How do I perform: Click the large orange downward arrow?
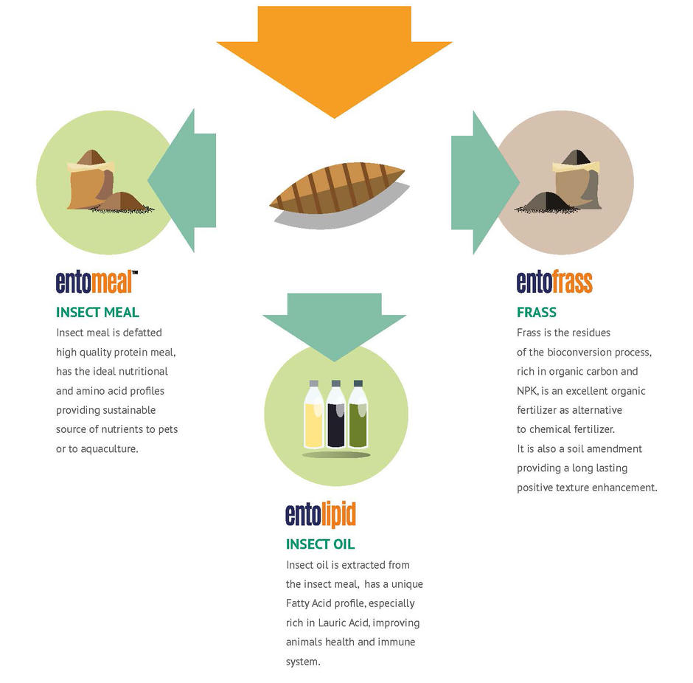tap(334, 58)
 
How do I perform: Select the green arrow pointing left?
tap(186, 181)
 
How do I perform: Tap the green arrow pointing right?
tap(481, 183)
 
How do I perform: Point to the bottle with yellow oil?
tap(314, 415)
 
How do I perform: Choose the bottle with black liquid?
tap(336, 415)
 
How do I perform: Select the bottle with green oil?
tap(358, 415)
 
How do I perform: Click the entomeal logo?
tap(97, 282)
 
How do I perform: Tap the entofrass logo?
tap(554, 282)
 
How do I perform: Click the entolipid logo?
tap(321, 514)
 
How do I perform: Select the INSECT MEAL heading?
tap(97, 312)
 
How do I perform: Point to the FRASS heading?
tap(537, 312)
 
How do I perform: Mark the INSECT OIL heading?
tap(320, 544)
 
